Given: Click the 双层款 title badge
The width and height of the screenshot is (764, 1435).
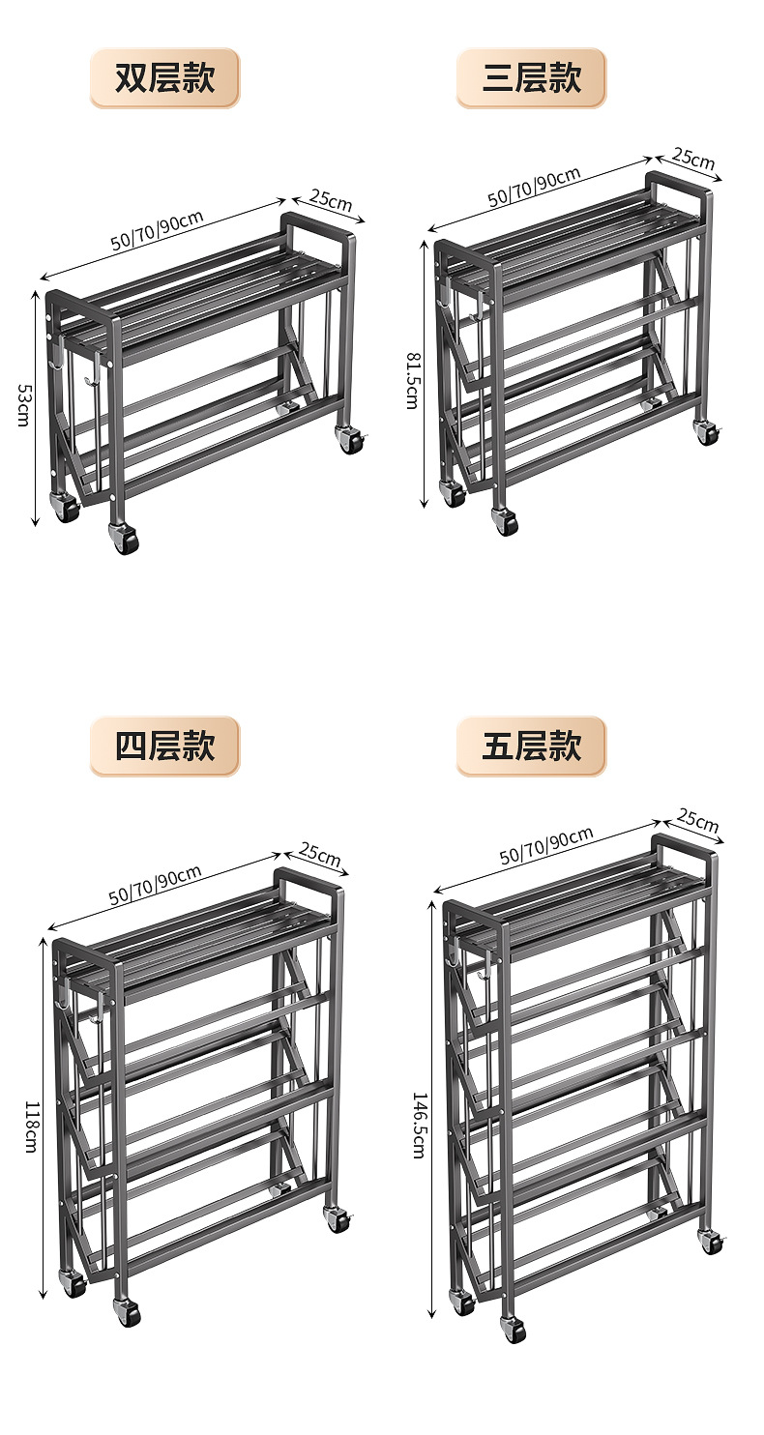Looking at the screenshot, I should pyautogui.click(x=164, y=78).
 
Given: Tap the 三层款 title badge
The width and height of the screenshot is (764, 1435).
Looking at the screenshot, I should pyautogui.click(x=531, y=78).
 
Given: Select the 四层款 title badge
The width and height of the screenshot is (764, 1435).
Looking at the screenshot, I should pyautogui.click(x=164, y=747).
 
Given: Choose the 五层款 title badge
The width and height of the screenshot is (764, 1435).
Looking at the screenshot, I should pyautogui.click(x=531, y=747).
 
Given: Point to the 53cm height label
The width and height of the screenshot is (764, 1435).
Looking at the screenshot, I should pyautogui.click(x=23, y=406).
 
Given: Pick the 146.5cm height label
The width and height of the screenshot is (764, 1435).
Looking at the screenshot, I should pyautogui.click(x=419, y=1126).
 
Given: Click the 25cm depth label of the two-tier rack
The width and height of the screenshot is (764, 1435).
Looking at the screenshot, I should pyautogui.click(x=331, y=200).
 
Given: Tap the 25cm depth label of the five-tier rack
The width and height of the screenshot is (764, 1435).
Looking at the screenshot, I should pyautogui.click(x=697, y=821).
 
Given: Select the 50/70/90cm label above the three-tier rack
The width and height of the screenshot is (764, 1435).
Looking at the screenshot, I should pyautogui.click(x=534, y=187).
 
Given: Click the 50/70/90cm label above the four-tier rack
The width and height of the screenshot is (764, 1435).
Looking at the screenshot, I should pyautogui.click(x=155, y=885).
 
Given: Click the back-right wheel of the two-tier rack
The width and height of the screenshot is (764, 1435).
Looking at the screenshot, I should pyautogui.click(x=349, y=440).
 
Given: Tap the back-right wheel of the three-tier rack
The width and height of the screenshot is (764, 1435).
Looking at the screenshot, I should pyautogui.click(x=707, y=432).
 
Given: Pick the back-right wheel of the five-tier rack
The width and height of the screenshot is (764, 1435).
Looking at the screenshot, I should pyautogui.click(x=713, y=1241).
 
